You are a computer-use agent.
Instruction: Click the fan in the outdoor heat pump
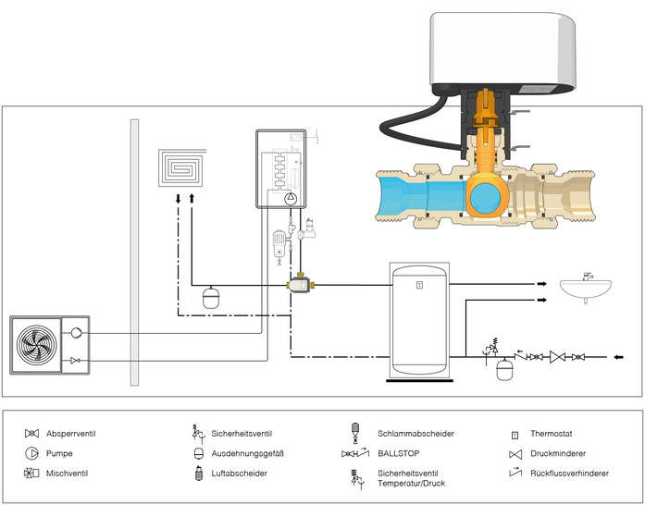(x=34, y=345)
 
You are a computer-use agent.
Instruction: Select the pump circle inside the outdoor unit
(x=76, y=332)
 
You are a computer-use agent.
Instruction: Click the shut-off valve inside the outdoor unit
(x=76, y=360)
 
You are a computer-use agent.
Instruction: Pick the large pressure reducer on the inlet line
(x=557, y=356)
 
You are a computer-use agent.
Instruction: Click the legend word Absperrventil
(x=71, y=433)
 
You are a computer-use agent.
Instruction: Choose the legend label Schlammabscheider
(x=416, y=433)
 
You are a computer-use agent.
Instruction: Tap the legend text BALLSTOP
(x=398, y=453)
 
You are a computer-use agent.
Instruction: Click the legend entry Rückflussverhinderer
(x=568, y=474)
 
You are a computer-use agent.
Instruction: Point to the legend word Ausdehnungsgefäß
(x=248, y=453)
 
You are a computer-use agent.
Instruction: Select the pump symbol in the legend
(x=32, y=453)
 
